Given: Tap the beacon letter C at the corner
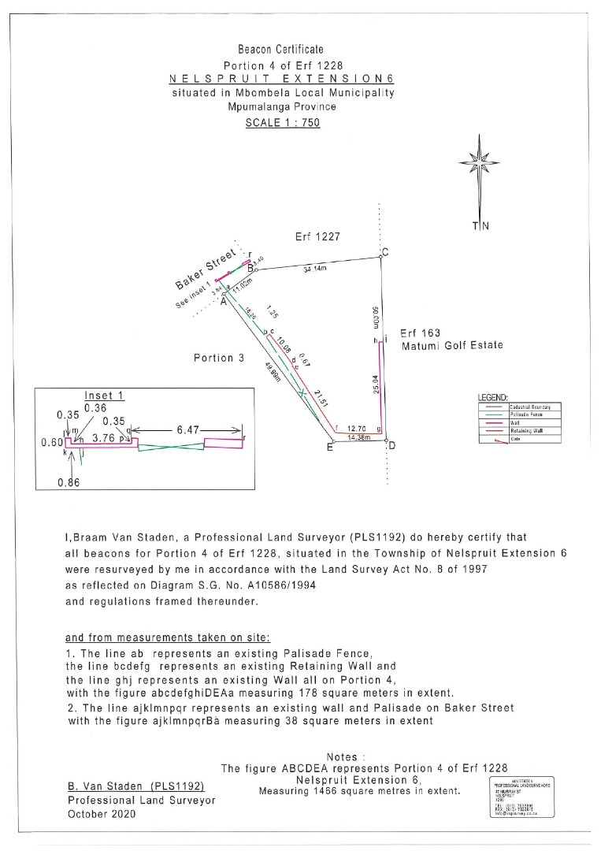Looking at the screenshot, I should click(385, 252).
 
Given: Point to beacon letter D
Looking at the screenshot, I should click(391, 447).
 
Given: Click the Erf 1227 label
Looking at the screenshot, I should click(312, 236).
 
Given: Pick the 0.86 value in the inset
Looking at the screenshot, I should click(69, 482).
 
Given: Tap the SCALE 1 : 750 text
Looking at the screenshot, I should click(283, 122).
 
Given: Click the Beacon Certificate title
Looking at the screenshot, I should click(280, 50).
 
